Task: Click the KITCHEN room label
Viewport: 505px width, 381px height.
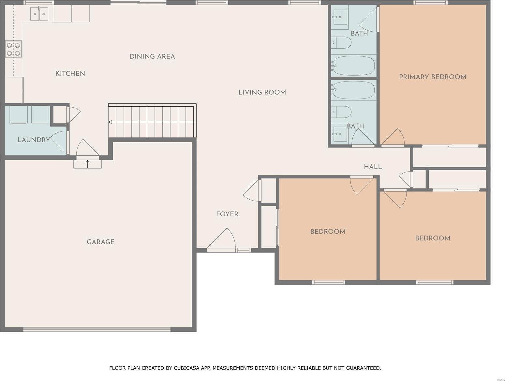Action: click(70, 73)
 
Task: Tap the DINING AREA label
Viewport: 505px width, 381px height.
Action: click(152, 56)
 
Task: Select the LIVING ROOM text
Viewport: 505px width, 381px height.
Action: click(262, 92)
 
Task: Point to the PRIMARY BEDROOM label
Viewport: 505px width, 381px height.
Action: click(433, 77)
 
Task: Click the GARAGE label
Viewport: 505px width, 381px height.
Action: click(100, 242)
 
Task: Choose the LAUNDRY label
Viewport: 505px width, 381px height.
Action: click(34, 140)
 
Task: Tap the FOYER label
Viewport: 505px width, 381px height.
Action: click(227, 214)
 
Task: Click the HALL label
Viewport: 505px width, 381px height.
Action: click(373, 167)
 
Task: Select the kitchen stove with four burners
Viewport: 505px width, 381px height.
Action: click(13, 49)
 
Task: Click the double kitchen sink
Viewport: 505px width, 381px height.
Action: click(39, 14)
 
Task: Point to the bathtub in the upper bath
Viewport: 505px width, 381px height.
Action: click(353, 66)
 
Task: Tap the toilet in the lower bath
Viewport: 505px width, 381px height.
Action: click(341, 112)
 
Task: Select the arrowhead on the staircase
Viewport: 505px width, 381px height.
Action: click(110, 122)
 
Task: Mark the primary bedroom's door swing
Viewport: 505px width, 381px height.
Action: click(394, 137)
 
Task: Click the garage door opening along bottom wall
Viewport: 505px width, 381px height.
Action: click(97, 329)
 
